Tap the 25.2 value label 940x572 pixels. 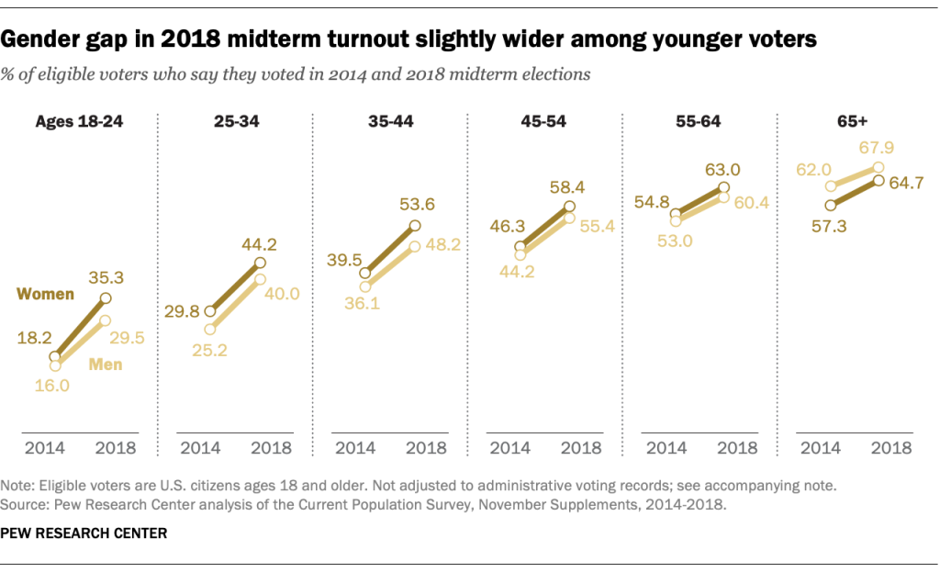pos(210,350)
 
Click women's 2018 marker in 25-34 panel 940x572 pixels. pos(260,263)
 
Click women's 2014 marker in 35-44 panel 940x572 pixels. pos(365,273)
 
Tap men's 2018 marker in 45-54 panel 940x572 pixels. pos(569,219)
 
